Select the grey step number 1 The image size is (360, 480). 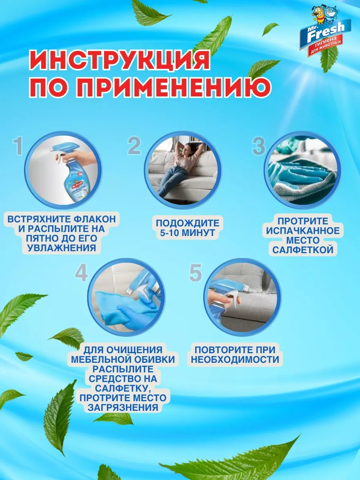coord(18,147)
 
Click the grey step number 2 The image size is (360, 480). coord(134,146)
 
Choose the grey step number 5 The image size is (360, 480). coord(195,273)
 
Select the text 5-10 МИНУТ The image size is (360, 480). coord(187,233)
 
